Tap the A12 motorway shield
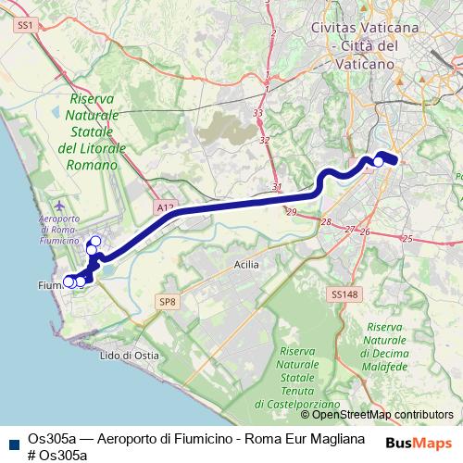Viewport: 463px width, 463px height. click(x=165, y=207)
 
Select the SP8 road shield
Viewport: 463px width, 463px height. click(x=167, y=302)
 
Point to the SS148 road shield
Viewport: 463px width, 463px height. click(x=343, y=294)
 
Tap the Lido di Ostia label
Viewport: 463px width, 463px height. click(x=129, y=356)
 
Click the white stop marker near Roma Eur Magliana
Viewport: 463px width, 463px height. click(x=378, y=162)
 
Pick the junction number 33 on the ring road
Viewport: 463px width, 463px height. click(x=257, y=113)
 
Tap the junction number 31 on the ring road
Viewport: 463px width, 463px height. click(x=277, y=187)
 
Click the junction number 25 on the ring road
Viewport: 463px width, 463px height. click(x=408, y=238)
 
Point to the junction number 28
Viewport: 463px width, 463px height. click(x=326, y=222)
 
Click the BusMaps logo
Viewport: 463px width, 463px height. click(x=419, y=443)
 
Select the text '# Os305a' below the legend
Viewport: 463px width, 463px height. click(x=57, y=455)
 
